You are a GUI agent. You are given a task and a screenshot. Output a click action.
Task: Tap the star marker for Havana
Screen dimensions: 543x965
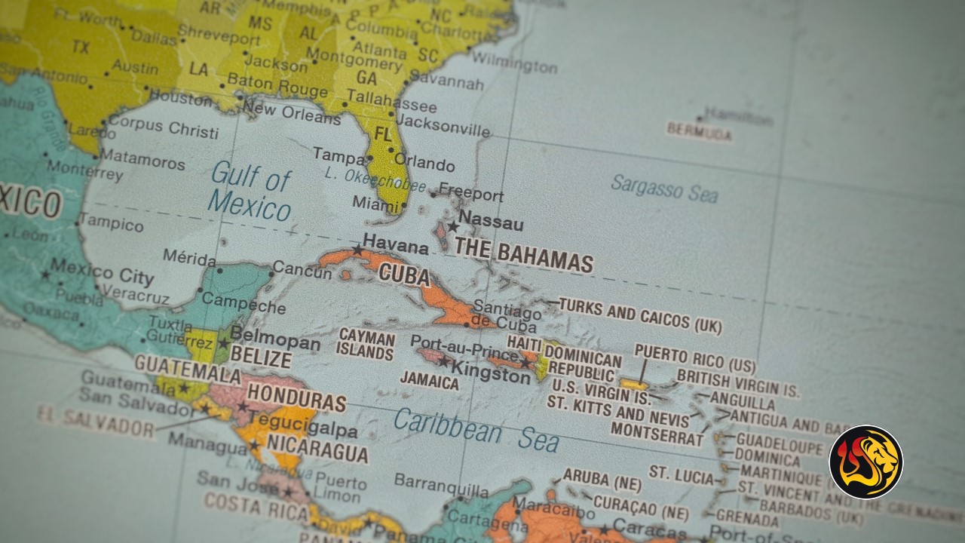coord(357,250)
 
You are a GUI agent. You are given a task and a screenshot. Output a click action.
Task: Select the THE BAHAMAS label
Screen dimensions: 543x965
coord(523,256)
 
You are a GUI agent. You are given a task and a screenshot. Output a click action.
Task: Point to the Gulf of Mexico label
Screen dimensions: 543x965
coord(250,192)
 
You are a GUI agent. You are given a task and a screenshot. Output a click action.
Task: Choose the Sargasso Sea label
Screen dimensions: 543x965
coord(664,189)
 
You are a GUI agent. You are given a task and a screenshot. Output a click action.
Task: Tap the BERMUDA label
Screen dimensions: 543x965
coord(699,132)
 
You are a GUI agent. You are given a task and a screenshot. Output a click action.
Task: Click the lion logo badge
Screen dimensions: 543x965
coord(865,462)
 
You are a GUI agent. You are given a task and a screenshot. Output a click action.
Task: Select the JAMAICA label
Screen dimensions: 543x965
coord(429,381)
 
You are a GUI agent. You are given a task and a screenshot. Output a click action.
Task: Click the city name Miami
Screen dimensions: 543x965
coord(375,204)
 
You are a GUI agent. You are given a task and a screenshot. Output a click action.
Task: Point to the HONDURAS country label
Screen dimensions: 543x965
coord(296,397)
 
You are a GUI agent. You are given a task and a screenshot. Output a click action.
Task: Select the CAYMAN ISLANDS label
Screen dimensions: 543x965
coord(366,344)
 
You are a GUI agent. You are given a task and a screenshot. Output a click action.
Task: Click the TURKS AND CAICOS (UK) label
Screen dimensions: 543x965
coord(640,316)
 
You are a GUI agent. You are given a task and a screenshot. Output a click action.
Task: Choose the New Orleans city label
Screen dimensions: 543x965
coord(291,113)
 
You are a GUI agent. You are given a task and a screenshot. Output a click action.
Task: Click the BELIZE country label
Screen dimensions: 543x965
coord(260,357)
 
